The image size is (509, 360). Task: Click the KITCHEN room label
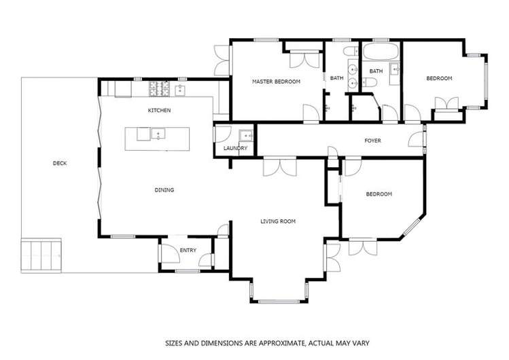click(160, 110)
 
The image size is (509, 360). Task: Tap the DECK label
click(60, 163)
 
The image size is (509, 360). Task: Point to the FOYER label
click(372, 141)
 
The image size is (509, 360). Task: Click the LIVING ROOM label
click(278, 221)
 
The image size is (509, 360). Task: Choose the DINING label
click(164, 190)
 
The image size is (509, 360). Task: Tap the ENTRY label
click(188, 251)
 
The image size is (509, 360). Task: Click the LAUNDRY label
click(235, 148)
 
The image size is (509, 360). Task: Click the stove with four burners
click(158, 88)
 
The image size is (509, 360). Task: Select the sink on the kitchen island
click(158, 134)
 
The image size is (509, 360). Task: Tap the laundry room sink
click(245, 133)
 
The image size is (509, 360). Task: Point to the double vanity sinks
click(351, 76)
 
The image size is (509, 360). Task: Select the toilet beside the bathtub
click(371, 84)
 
